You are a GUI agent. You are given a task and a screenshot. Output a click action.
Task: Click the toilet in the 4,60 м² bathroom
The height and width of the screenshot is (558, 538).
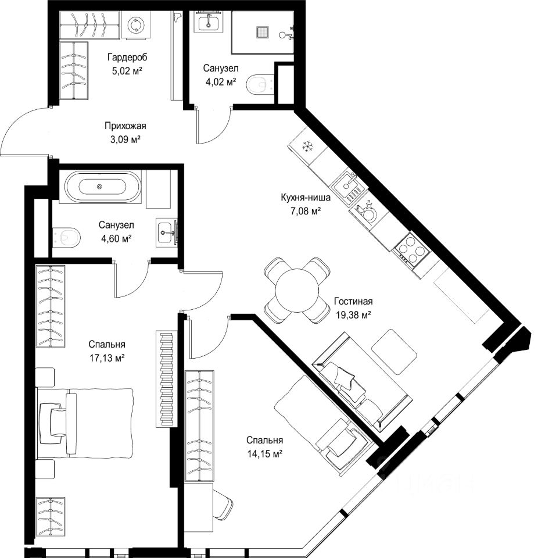[x=67, y=237]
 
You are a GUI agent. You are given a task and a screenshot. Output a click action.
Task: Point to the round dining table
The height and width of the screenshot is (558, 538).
[x=297, y=290]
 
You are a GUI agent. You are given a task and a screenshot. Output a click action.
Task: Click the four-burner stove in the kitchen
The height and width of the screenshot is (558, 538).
[x=412, y=250]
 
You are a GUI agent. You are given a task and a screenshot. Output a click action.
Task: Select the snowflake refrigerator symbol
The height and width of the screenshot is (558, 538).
[x=307, y=146]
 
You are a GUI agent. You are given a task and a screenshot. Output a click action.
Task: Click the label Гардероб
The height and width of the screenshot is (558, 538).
[x=127, y=57]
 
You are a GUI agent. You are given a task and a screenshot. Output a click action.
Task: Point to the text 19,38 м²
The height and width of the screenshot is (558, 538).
[x=354, y=314]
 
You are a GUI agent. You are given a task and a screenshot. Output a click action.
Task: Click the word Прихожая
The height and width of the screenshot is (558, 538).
[x=125, y=126]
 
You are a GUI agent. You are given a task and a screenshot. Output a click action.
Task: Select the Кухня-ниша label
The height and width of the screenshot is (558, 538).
[x=306, y=198]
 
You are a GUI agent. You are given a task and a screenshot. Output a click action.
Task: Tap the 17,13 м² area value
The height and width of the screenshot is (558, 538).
[x=107, y=358]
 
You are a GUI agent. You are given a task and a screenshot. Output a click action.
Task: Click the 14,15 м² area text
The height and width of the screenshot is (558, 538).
[x=265, y=454]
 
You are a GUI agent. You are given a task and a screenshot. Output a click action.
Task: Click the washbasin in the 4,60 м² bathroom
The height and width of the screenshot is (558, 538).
[x=167, y=233]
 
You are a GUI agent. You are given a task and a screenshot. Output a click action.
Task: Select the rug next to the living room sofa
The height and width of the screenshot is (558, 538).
[x=394, y=352]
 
